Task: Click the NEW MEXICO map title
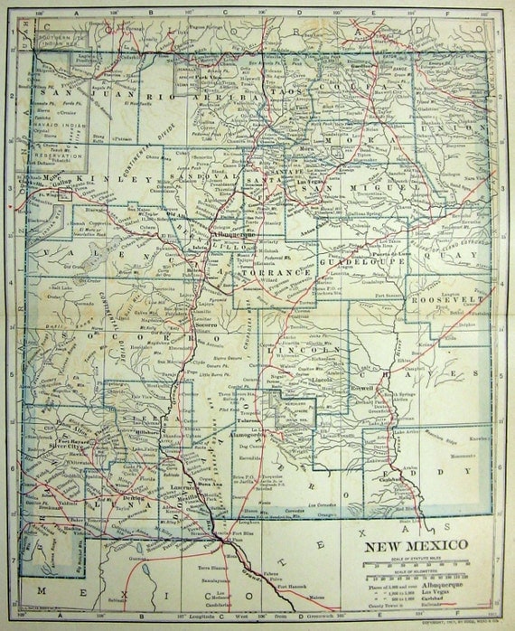415,545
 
